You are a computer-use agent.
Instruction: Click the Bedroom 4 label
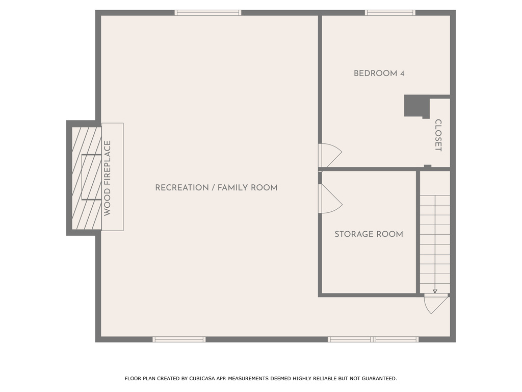pyautogui.click(x=379, y=73)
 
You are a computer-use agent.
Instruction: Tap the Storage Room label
pyautogui.click(x=369, y=234)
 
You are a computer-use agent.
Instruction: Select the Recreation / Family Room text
pyautogui.click(x=216, y=188)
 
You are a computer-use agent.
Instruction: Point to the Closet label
pyautogui.click(x=438, y=135)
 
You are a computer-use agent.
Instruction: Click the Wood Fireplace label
pyautogui.click(x=107, y=178)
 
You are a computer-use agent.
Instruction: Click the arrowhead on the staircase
pyautogui.click(x=435, y=291)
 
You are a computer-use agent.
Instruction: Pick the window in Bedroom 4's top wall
pyautogui.click(x=390, y=13)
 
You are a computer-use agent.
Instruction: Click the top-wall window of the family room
pyautogui.click(x=208, y=13)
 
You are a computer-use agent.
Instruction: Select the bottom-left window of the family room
pyautogui.click(x=179, y=339)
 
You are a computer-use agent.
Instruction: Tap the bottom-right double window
pyautogui.click(x=373, y=339)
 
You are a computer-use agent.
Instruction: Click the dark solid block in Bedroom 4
pyautogui.click(x=415, y=106)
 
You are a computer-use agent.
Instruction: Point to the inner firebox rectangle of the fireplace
pyautogui.click(x=92, y=177)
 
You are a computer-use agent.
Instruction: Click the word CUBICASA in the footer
pyautogui.click(x=201, y=378)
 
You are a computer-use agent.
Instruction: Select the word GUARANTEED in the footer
pyautogui.click(x=379, y=378)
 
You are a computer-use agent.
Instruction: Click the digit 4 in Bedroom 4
pyautogui.click(x=402, y=73)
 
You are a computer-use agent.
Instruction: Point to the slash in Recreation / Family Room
pyautogui.click(x=213, y=188)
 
